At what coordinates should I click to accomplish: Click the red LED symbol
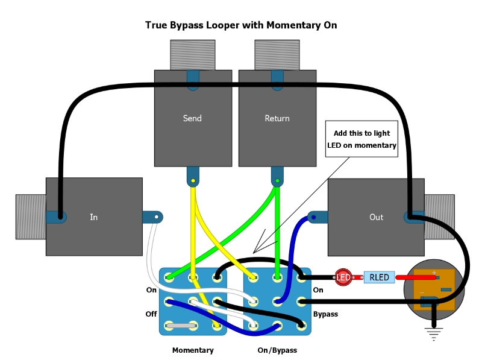click(343, 277)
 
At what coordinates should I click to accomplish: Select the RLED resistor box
click(379, 277)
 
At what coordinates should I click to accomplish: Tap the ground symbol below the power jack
click(434, 334)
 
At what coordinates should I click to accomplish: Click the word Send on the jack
click(192, 118)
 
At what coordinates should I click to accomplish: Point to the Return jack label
click(277, 118)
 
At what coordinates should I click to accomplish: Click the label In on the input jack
click(94, 217)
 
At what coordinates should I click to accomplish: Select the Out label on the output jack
click(376, 217)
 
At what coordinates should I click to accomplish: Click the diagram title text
click(241, 25)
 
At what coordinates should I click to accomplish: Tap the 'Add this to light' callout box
click(362, 139)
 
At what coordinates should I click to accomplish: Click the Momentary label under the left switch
click(193, 350)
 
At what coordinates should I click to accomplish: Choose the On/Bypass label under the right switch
click(277, 350)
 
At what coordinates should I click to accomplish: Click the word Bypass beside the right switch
click(325, 314)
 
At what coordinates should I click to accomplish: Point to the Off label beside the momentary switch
click(151, 314)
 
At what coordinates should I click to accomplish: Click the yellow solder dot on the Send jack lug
click(193, 181)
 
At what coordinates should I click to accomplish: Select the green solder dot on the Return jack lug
click(277, 181)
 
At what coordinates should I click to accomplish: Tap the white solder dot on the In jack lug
click(157, 217)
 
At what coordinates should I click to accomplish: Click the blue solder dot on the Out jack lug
click(313, 217)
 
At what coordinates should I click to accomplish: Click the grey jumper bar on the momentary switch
click(181, 326)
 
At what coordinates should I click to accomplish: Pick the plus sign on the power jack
click(434, 273)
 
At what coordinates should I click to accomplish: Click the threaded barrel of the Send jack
click(193, 55)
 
